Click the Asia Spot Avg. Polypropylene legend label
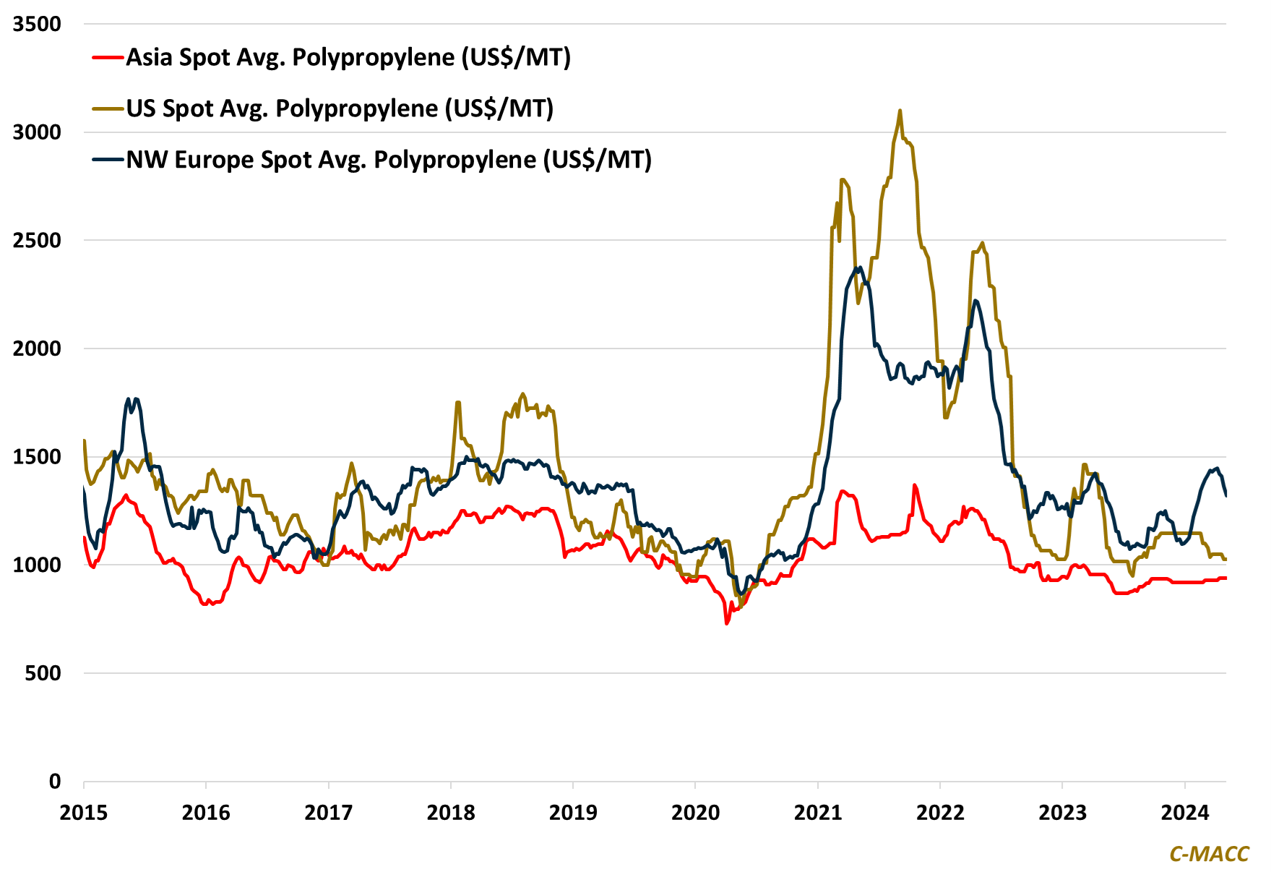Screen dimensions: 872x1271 point(348,57)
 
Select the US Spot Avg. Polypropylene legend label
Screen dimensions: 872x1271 point(340,108)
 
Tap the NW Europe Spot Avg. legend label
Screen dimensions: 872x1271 point(389,160)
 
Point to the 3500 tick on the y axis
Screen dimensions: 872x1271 point(37,24)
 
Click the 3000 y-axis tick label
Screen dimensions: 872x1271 point(37,132)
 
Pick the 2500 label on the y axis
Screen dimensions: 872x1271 point(37,240)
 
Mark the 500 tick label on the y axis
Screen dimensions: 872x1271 point(43,673)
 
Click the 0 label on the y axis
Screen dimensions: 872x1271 point(55,782)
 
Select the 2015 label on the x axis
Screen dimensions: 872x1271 point(84,813)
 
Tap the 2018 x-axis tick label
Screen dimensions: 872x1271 point(451,813)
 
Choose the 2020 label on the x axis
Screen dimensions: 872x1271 point(695,813)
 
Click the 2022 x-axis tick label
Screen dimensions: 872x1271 point(940,813)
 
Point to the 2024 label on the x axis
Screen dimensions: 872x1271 point(1185,813)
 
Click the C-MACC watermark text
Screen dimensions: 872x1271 point(1209,854)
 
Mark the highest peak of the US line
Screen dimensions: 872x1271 point(900,111)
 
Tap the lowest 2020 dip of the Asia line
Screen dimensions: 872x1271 point(727,623)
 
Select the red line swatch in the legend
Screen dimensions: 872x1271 point(108,57)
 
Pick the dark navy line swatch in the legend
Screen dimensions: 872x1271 point(108,160)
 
